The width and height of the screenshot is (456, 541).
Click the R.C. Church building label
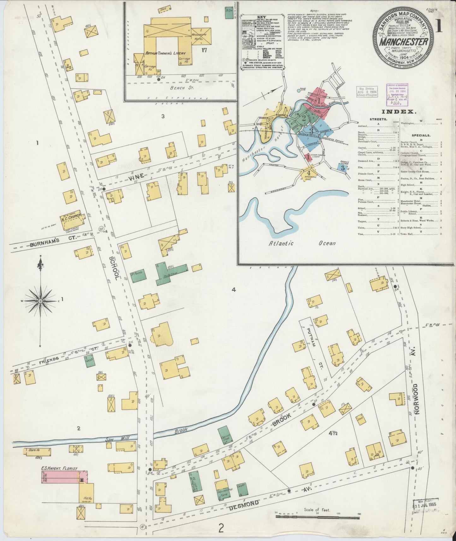(x=71, y=216)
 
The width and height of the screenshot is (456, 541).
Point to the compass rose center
(x=40, y=301)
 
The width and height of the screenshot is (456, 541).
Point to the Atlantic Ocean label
(x=303, y=243)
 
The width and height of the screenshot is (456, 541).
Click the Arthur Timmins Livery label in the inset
(x=165, y=53)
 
